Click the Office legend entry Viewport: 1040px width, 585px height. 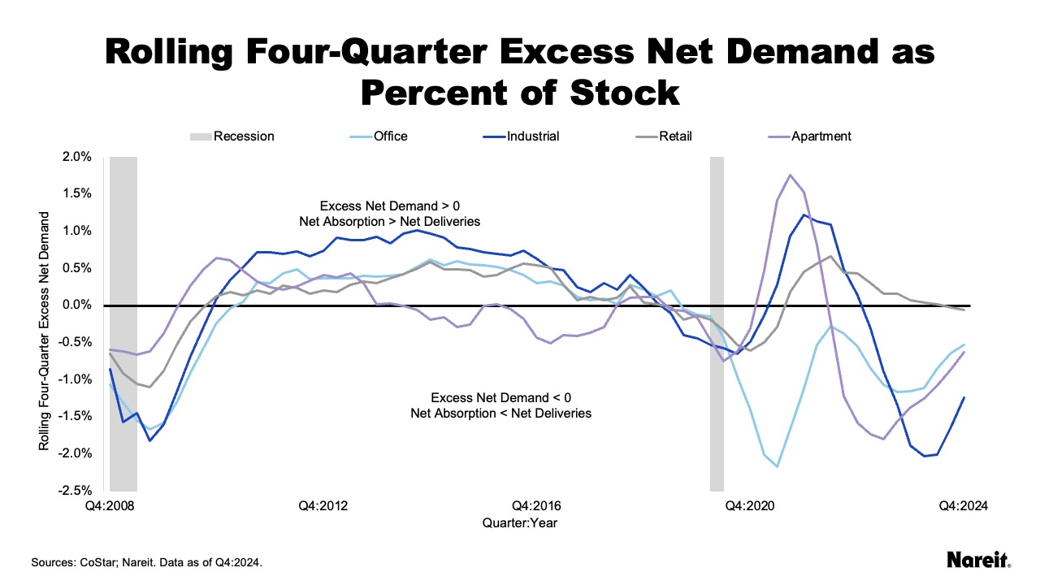pyautogui.click(x=390, y=136)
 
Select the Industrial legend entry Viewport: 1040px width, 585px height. pyautogui.click(x=532, y=136)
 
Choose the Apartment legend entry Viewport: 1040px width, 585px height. pyautogui.click(x=821, y=136)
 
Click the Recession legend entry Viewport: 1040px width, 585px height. pyautogui.click(x=243, y=136)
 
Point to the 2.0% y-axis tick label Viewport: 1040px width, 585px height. pyautogui.click(x=77, y=157)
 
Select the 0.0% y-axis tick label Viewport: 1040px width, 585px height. pyautogui.click(x=77, y=305)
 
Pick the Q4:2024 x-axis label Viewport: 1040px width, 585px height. pyautogui.click(x=963, y=505)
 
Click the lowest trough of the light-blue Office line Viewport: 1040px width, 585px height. pyautogui.click(x=777, y=466)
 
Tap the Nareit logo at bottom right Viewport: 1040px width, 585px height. pyautogui.click(x=978, y=561)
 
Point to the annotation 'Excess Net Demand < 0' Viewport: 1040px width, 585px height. pyautogui.click(x=501, y=398)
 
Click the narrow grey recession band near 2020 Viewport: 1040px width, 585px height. pyautogui.click(x=717, y=325)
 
